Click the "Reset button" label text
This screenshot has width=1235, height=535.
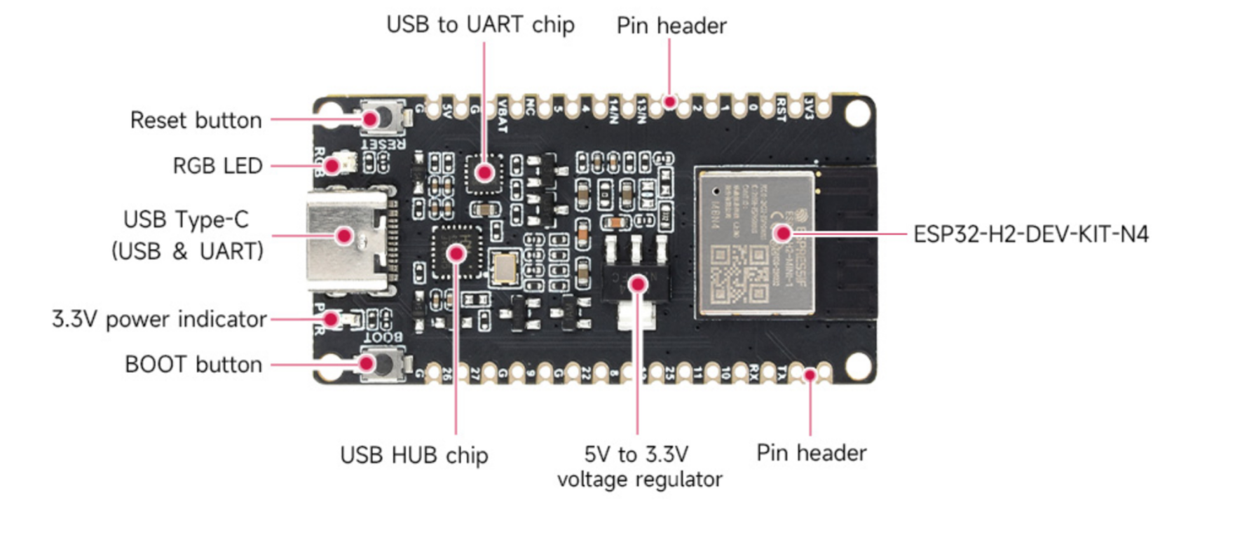click(196, 120)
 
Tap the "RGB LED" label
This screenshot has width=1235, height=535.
click(217, 165)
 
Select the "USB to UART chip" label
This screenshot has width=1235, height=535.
click(480, 25)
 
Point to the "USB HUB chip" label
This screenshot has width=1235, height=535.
click(414, 455)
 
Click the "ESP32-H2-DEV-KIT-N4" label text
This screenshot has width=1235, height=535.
click(1030, 234)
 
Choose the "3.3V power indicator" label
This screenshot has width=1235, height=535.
click(159, 319)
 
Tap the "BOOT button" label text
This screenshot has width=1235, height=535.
click(193, 365)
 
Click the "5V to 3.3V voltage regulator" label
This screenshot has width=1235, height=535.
click(639, 466)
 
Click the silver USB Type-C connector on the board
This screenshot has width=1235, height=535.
click(347, 238)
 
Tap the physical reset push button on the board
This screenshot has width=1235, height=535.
click(382, 118)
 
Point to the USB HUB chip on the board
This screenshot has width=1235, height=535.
click(456, 252)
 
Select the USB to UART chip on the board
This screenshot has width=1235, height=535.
click(484, 172)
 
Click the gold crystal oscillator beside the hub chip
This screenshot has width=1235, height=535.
click(505, 267)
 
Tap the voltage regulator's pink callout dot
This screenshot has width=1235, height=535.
click(637, 284)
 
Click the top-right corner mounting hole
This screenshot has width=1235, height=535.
click(857, 112)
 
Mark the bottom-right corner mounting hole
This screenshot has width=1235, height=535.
click(857, 365)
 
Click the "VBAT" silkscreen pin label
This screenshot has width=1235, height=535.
click(502, 116)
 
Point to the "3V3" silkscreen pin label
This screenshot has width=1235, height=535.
click(809, 108)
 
